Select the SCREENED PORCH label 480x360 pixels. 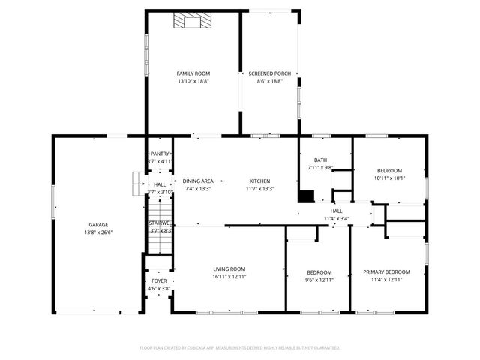pyautogui.click(x=269, y=73)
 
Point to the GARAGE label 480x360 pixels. pyautogui.click(x=98, y=225)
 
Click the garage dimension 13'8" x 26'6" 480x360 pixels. pyautogui.click(x=98, y=232)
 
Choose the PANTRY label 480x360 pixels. pyautogui.click(x=160, y=154)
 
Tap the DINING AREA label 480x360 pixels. pyautogui.click(x=198, y=181)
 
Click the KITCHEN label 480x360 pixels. pyautogui.click(x=259, y=181)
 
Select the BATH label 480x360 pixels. pyautogui.click(x=320, y=160)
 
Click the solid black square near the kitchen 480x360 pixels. pyautogui.click(x=306, y=196)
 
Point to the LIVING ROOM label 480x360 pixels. pyautogui.click(x=229, y=268)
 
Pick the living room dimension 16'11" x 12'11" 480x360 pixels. pyautogui.click(x=229, y=276)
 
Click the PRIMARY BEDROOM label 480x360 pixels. pyautogui.click(x=386, y=271)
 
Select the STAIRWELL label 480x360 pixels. pyautogui.click(x=160, y=223)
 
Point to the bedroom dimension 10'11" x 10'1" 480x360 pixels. pyautogui.click(x=389, y=178)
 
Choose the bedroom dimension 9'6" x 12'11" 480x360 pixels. pyautogui.click(x=319, y=279)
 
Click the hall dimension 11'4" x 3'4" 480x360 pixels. pyautogui.click(x=336, y=219)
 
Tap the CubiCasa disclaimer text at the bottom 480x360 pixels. pyautogui.click(x=240, y=348)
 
